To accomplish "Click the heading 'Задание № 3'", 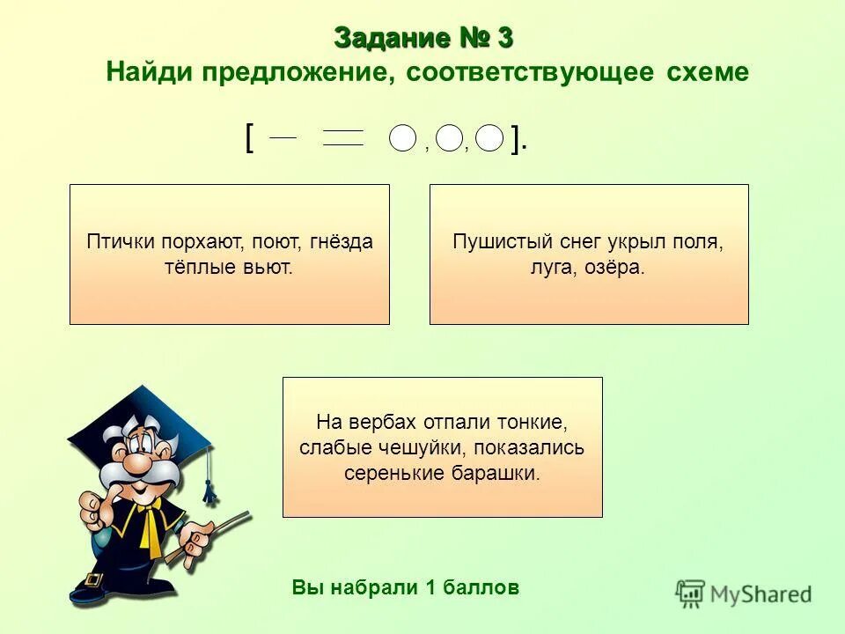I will pyautogui.click(x=423, y=39).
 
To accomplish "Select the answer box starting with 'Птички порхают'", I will pyautogui.click(x=229, y=254).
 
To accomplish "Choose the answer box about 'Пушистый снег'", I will pyautogui.click(x=588, y=254).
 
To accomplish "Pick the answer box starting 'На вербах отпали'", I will pyautogui.click(x=442, y=446).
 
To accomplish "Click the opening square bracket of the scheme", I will pyautogui.click(x=251, y=138).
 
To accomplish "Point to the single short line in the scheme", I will pyautogui.click(x=283, y=137).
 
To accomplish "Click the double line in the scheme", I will pyautogui.click(x=342, y=138).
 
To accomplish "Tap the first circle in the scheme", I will pyautogui.click(x=402, y=138).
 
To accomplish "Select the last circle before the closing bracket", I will pyautogui.click(x=489, y=138).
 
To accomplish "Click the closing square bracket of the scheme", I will pyautogui.click(x=517, y=138).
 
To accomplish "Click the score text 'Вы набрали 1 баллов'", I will pyautogui.click(x=406, y=587).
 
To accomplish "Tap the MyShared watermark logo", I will pyautogui.click(x=744, y=593).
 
